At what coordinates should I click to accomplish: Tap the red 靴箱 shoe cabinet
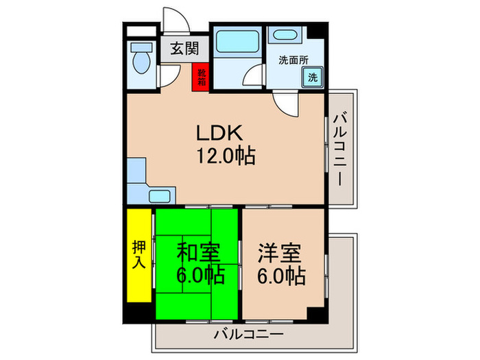[201, 76]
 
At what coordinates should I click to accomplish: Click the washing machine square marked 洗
[313, 76]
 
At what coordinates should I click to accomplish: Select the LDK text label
[217, 133]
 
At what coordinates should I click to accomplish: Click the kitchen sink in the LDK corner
[163, 195]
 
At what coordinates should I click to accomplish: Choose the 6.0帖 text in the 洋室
[281, 276]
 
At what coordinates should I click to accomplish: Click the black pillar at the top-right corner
[317, 32]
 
